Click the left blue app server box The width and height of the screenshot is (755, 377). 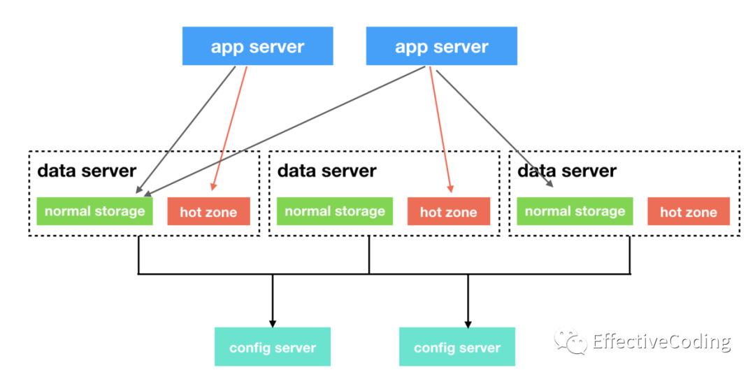[x=257, y=45]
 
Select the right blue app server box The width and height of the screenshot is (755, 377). [x=442, y=45]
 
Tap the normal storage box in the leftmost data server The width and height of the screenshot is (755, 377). [x=95, y=211]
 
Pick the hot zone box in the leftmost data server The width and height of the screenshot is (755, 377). [x=208, y=211]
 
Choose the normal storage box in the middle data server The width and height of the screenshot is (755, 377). [x=335, y=211]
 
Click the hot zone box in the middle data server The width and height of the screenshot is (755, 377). [x=449, y=211]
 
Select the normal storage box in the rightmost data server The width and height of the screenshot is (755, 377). [x=575, y=211]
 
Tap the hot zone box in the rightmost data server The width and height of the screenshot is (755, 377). [x=689, y=211]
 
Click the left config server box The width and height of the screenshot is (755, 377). [x=273, y=347]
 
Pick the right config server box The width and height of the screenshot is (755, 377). [x=457, y=347]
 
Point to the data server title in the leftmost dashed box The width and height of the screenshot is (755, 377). [x=87, y=171]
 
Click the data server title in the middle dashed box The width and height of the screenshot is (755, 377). [x=327, y=171]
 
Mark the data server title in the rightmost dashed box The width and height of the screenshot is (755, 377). [x=567, y=171]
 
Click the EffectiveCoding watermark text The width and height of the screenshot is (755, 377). [x=661, y=342]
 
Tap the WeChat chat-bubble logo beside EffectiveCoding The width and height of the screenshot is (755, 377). [x=570, y=341]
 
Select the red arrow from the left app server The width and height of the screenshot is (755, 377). [x=230, y=129]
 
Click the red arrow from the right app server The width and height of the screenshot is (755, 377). [x=440, y=129]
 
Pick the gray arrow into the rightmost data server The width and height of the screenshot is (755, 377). [x=494, y=129]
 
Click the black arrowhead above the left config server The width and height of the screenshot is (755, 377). [x=273, y=324]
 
